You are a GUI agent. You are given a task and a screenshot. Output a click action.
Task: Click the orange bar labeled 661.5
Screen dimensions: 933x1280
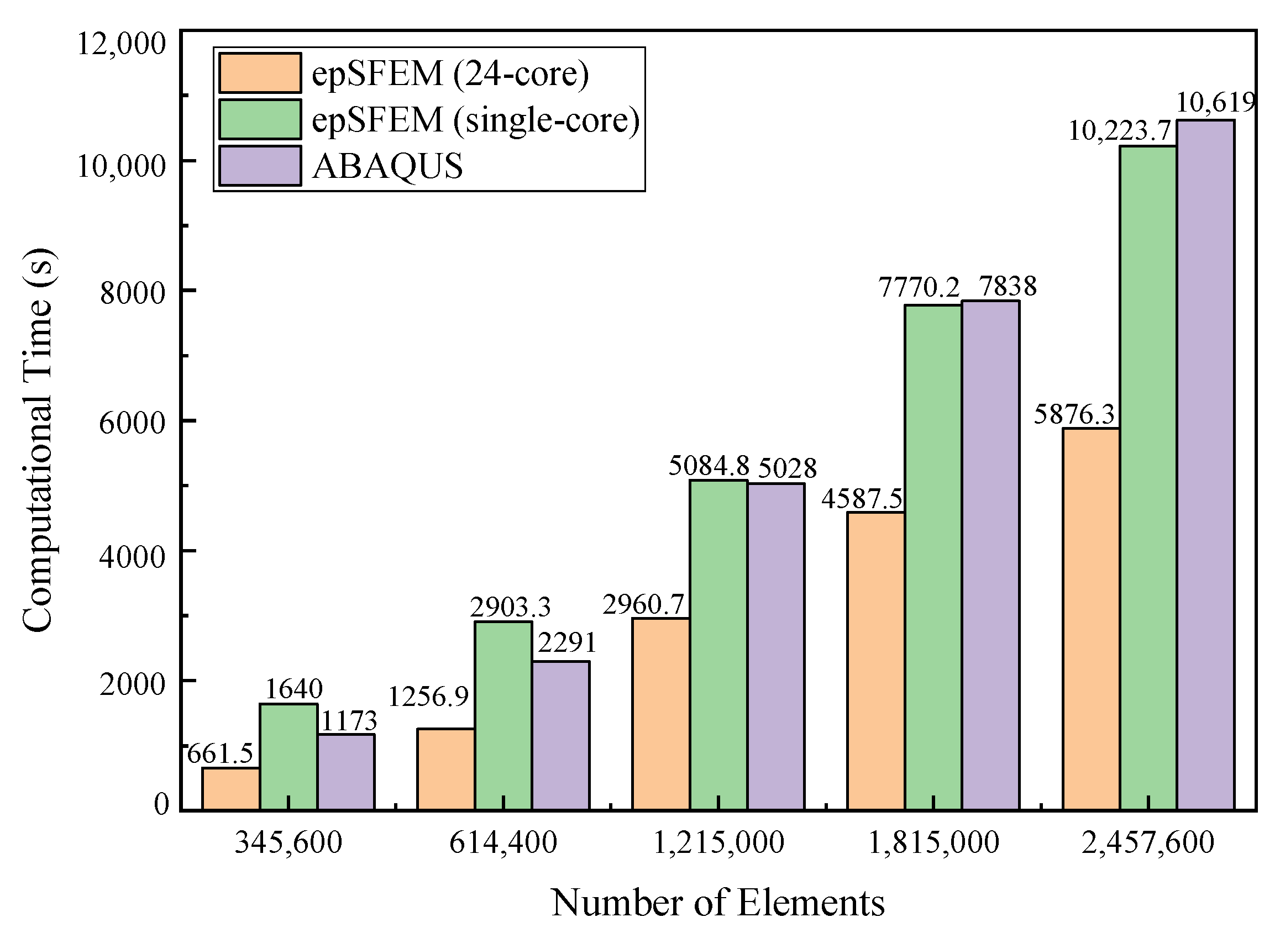pos(231,789)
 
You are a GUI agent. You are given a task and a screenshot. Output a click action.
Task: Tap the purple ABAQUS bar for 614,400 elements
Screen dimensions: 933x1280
pos(560,736)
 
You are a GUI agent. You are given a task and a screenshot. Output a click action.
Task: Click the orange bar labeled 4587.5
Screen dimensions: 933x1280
pos(875,661)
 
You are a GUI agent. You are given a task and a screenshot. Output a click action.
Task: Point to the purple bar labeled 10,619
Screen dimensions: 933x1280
pos(1205,465)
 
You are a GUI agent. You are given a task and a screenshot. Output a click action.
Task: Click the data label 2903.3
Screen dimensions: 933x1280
pos(510,607)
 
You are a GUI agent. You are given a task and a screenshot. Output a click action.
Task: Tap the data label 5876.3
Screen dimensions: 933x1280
pos(1074,414)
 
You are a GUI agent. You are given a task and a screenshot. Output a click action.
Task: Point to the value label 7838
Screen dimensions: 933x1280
pos(1008,286)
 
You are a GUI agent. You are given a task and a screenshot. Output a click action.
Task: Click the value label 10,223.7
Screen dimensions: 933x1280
pos(1120,131)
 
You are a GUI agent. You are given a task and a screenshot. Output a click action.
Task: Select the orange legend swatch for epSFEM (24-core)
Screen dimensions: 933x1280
pos(260,73)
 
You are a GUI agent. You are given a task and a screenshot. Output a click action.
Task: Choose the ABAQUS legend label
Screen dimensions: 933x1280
pos(387,166)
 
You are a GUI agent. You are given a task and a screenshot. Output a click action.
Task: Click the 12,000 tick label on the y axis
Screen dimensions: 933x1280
pos(122,44)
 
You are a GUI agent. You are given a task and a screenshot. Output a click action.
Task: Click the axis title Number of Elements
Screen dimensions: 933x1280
pos(718,903)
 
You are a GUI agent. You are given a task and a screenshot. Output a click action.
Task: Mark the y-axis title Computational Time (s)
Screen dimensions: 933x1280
pos(38,440)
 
